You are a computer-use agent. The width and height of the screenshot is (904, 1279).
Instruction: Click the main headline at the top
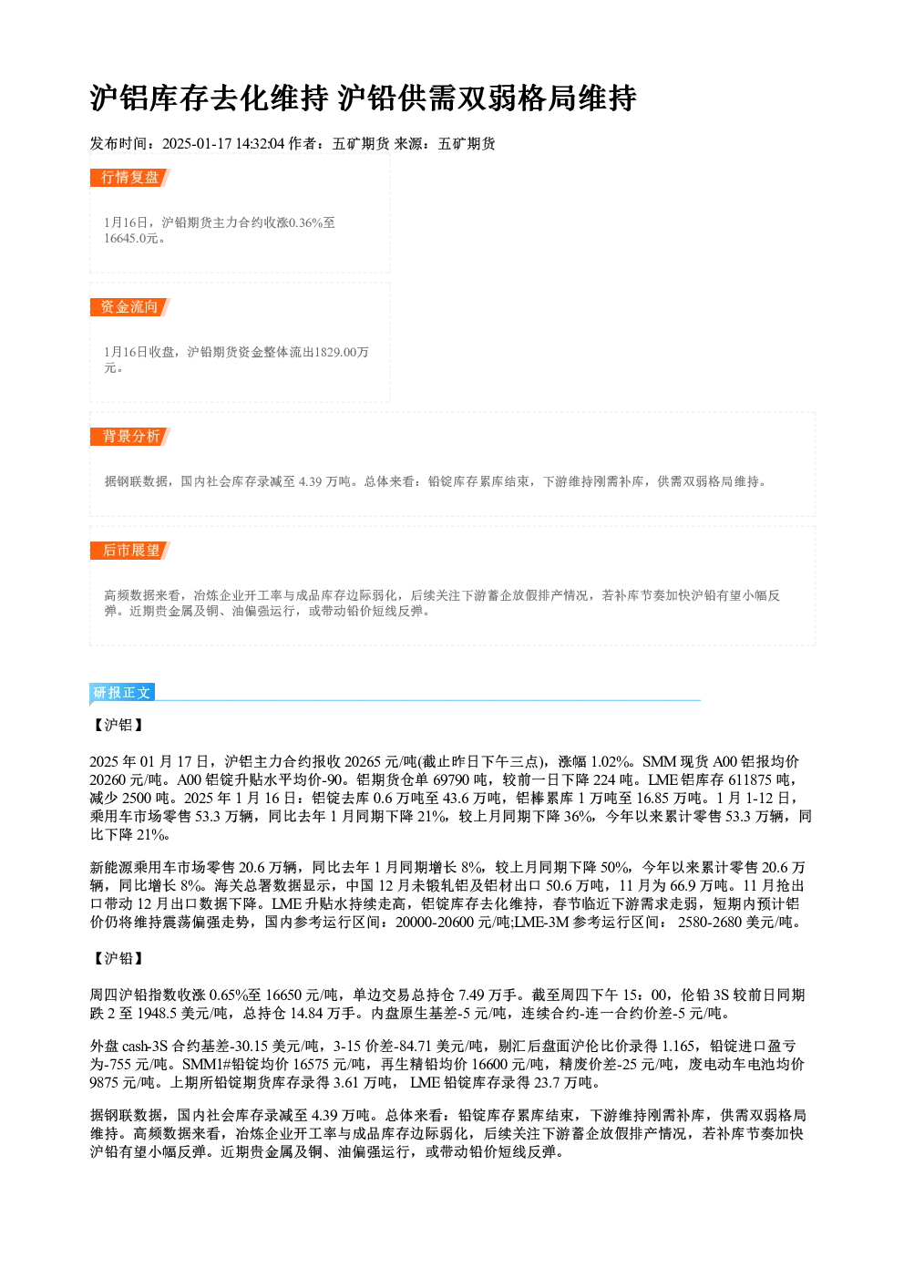[x=363, y=98]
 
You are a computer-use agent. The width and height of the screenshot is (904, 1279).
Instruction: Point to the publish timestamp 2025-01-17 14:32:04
[x=223, y=144]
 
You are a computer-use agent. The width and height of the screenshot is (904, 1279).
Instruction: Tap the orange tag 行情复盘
[x=129, y=178]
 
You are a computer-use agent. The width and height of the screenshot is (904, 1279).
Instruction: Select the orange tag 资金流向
[x=129, y=307]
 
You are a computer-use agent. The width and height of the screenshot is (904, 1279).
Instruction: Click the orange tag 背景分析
[x=129, y=437]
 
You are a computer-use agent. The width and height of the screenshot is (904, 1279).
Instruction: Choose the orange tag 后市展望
[x=129, y=551]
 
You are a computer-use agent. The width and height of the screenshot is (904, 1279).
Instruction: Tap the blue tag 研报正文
[x=121, y=693]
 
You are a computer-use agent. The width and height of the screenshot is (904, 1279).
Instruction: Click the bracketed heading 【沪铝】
[x=118, y=725]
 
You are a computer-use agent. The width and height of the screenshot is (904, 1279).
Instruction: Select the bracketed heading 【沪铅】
[x=118, y=958]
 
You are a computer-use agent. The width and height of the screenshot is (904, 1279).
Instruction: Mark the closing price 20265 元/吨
[x=382, y=762]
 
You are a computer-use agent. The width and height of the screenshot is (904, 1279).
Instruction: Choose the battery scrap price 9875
[x=105, y=1083]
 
